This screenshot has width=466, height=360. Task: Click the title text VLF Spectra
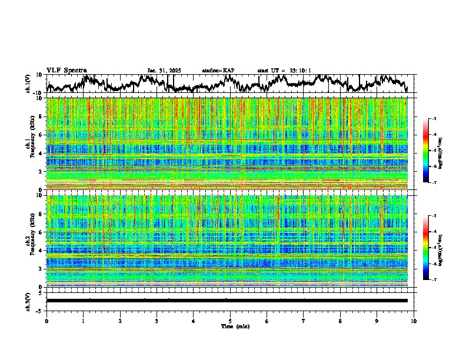[x=66, y=70]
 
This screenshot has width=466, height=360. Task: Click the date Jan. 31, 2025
[x=164, y=71]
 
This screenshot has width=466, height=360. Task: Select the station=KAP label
[x=218, y=71]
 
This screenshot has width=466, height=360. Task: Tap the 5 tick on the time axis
[x=230, y=321]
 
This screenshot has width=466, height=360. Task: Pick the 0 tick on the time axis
[x=46, y=321]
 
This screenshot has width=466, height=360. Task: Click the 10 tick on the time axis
[x=414, y=321]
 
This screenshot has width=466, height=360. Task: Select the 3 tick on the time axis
[x=157, y=321]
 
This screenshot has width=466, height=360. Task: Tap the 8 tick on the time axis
[x=340, y=321]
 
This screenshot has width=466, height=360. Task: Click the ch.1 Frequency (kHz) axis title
[x=29, y=144]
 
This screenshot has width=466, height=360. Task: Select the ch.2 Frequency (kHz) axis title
[x=29, y=241]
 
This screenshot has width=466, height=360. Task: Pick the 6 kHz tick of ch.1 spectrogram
[x=39, y=135]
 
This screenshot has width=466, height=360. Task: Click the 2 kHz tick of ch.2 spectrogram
[x=39, y=269]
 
